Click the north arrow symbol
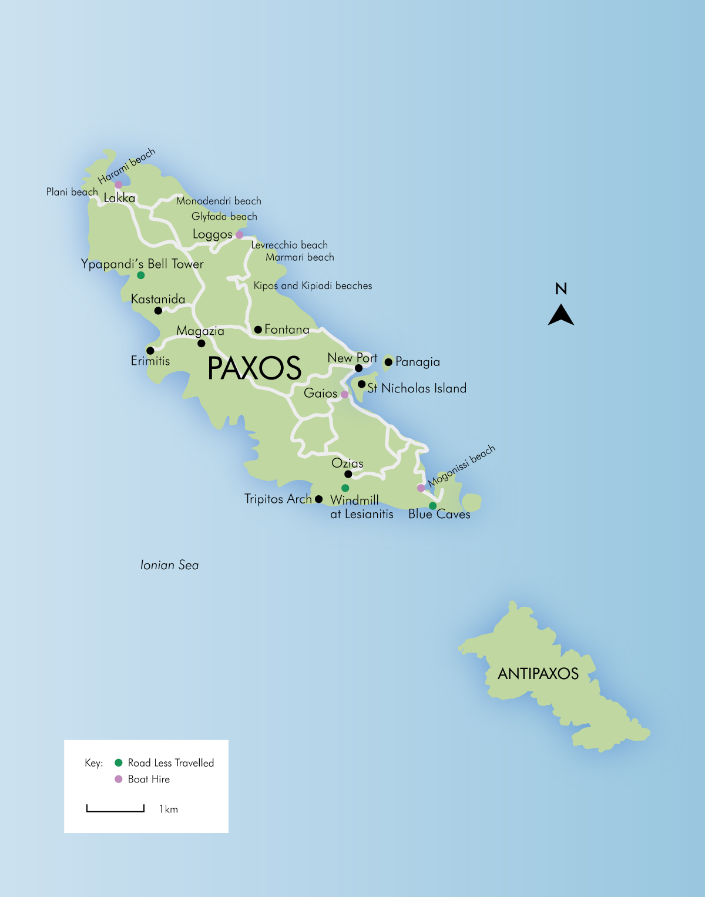tap(561, 315)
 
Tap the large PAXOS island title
tap(254, 368)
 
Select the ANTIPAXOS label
tap(538, 674)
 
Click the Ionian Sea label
tap(169, 565)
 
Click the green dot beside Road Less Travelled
tap(118, 763)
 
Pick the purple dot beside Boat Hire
tap(118, 779)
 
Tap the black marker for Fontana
tap(258, 330)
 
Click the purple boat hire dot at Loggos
tap(239, 235)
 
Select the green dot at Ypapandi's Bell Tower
tap(140, 275)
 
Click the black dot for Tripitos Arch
tap(318, 499)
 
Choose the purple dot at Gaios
tap(344, 395)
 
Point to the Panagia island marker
tap(388, 362)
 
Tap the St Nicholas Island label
tap(417, 388)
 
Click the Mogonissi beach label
tap(462, 466)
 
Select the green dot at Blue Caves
tap(432, 506)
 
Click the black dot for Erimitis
tap(150, 351)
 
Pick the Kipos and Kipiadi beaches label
tap(313, 286)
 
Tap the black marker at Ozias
tap(348, 474)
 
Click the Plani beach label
tap(72, 192)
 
